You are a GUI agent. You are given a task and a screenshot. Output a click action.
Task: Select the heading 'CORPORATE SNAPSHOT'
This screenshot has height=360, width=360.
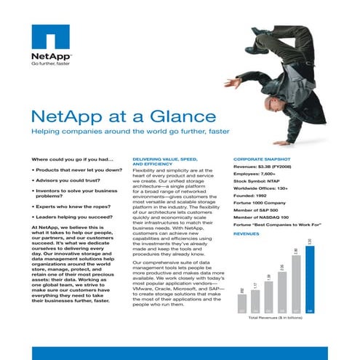coord(262,158)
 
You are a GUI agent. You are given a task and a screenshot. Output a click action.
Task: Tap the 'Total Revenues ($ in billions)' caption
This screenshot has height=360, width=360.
coord(276,319)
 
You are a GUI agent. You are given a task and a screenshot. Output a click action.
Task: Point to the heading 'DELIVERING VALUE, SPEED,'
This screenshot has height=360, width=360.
coord(164,158)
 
